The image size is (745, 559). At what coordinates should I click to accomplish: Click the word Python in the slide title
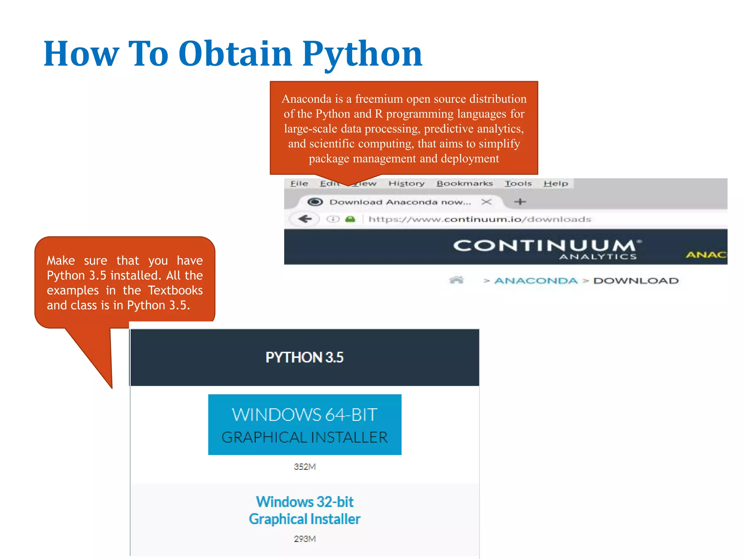tap(362, 55)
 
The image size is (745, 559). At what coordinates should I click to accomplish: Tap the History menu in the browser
tap(406, 183)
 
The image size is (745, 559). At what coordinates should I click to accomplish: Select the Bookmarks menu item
tap(465, 183)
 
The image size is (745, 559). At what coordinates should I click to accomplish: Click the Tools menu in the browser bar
tap(518, 183)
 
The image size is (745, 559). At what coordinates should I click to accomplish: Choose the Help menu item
tap(555, 183)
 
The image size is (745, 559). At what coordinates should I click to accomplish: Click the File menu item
tap(299, 183)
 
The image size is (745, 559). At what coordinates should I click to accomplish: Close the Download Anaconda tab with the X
tap(486, 202)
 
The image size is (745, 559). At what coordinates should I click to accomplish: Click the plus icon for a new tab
tap(520, 202)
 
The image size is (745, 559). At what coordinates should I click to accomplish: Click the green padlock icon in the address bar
tap(350, 219)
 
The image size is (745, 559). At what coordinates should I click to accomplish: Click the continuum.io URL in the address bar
tap(479, 219)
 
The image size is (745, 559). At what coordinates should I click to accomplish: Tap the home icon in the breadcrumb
tap(456, 280)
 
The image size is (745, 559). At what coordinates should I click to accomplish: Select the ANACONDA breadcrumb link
tap(536, 281)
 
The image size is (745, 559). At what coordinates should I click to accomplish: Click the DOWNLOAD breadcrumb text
tap(636, 281)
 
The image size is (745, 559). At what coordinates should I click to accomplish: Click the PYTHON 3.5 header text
tap(304, 357)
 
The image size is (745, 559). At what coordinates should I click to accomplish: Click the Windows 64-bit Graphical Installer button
tap(304, 425)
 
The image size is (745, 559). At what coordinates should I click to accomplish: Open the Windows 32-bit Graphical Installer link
tap(304, 510)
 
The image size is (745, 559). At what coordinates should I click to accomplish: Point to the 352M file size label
tap(304, 467)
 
